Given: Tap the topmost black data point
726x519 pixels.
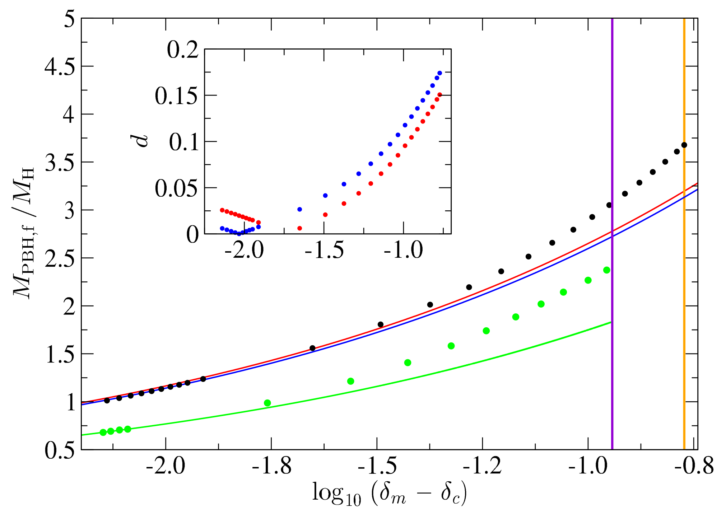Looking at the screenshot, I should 684,145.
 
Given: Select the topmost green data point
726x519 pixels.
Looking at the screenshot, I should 607,270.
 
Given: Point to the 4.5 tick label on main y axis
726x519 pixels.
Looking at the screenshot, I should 59,67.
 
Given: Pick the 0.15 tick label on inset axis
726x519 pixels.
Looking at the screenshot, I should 176,96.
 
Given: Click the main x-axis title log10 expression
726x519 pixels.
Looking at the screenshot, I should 390,494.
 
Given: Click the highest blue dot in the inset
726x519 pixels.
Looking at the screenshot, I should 439,73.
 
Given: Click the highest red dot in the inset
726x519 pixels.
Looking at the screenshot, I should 439,95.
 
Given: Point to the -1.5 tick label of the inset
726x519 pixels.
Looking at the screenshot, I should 324,250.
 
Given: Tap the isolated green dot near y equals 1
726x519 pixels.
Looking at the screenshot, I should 267,403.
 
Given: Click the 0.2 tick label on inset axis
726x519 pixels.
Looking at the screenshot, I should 182,50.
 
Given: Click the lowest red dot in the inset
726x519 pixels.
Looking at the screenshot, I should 300,228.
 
